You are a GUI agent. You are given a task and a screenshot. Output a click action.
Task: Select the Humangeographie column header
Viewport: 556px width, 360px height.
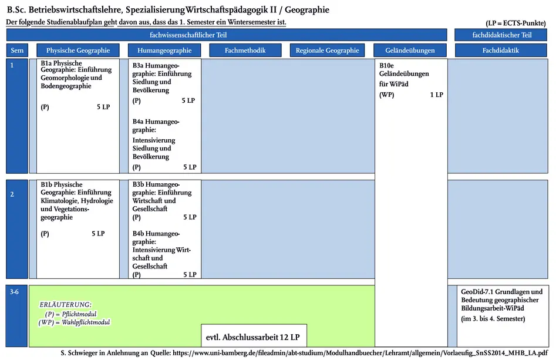[x=164, y=51]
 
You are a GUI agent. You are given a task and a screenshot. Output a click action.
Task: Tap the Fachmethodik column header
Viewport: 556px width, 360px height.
[x=245, y=51]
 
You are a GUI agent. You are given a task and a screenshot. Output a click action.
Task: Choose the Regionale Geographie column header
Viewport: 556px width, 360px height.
[x=327, y=51]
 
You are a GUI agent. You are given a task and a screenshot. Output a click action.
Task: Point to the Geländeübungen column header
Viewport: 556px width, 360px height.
[x=410, y=51]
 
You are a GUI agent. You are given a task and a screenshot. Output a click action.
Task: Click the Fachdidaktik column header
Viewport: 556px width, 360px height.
[x=501, y=51]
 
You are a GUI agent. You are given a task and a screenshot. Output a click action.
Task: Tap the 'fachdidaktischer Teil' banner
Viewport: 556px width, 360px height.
[x=501, y=35]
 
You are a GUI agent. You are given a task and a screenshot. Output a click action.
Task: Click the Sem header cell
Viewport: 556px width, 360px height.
[x=17, y=51]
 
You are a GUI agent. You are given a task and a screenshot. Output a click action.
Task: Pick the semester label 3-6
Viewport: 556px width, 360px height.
[x=14, y=291]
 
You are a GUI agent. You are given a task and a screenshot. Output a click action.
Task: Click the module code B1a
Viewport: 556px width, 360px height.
[x=46, y=63]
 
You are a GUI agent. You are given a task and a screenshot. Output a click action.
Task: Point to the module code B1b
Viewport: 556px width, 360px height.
[x=47, y=184]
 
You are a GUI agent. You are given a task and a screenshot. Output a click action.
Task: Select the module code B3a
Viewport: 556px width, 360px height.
[x=139, y=65]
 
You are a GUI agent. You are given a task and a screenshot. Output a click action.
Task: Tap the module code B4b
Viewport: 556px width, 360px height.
[x=139, y=233]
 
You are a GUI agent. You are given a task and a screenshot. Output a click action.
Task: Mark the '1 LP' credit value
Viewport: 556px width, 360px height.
[x=436, y=95]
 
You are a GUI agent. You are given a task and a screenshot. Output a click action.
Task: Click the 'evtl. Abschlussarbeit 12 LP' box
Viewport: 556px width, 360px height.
[x=253, y=338]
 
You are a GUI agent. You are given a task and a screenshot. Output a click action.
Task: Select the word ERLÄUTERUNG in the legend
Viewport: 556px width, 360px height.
[x=65, y=305]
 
